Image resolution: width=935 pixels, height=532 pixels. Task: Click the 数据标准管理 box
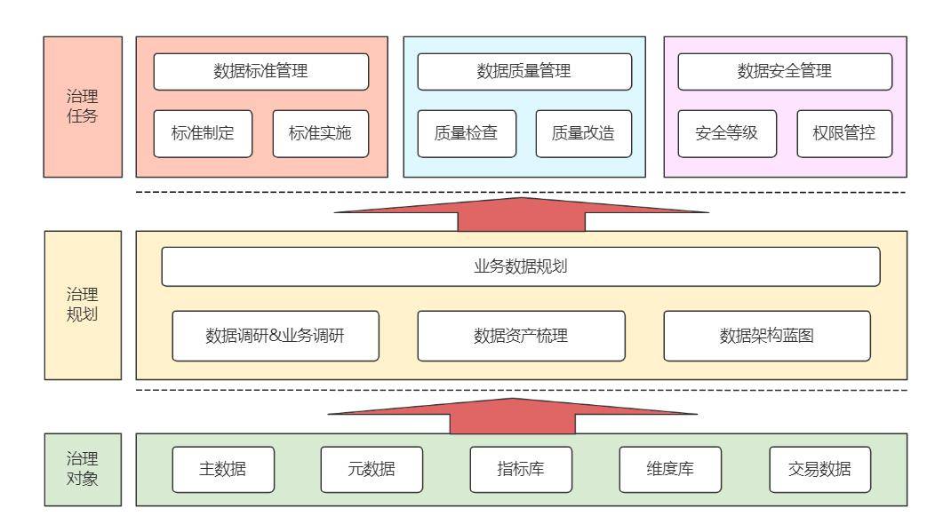coord(260,72)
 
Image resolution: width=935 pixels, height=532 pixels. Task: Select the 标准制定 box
coord(202,134)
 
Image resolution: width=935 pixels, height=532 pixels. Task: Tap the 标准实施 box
coord(320,134)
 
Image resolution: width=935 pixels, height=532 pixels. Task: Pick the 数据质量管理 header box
coord(524,72)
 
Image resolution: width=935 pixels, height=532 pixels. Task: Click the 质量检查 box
coord(466,134)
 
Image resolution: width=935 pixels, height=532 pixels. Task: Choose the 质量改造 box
coord(583,134)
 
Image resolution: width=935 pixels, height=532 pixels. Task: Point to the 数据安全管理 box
coord(785,72)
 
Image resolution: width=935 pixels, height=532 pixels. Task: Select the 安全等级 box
coord(726,134)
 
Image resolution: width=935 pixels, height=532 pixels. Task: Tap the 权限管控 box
coord(844,134)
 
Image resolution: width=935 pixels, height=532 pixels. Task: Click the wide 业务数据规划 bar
coord(520,266)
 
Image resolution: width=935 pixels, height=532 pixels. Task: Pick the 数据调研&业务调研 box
coord(276,336)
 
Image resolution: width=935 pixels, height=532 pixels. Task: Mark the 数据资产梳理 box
coord(521,336)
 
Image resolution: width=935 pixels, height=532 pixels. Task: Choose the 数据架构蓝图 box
coord(766,336)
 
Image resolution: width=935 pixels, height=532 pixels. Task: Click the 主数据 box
coord(223,469)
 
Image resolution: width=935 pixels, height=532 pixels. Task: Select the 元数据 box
coord(372,469)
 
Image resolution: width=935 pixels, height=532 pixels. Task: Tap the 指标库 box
coord(521,469)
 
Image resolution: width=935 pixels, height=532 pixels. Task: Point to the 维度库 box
coord(670,469)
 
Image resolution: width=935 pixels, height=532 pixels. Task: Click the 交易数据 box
coord(819,469)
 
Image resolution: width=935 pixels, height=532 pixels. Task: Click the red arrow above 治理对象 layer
coord(513,415)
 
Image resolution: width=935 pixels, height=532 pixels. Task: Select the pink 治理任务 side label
coord(82,107)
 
